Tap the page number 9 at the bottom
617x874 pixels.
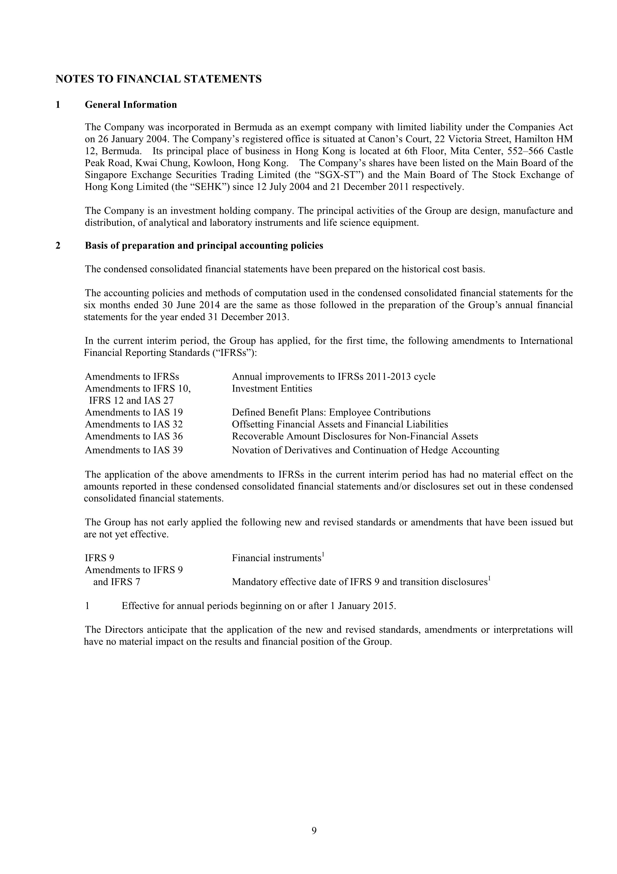(314, 830)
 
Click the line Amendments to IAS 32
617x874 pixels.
(134, 424)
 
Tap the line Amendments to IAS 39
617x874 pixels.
(134, 450)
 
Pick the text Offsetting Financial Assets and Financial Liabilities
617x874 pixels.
(340, 424)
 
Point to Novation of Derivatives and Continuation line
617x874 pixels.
(365, 450)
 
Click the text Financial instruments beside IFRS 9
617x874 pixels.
(277, 558)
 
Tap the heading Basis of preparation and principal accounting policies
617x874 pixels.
(204, 246)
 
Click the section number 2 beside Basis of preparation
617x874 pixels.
(58, 246)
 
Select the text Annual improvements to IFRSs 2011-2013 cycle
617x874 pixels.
(334, 377)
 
